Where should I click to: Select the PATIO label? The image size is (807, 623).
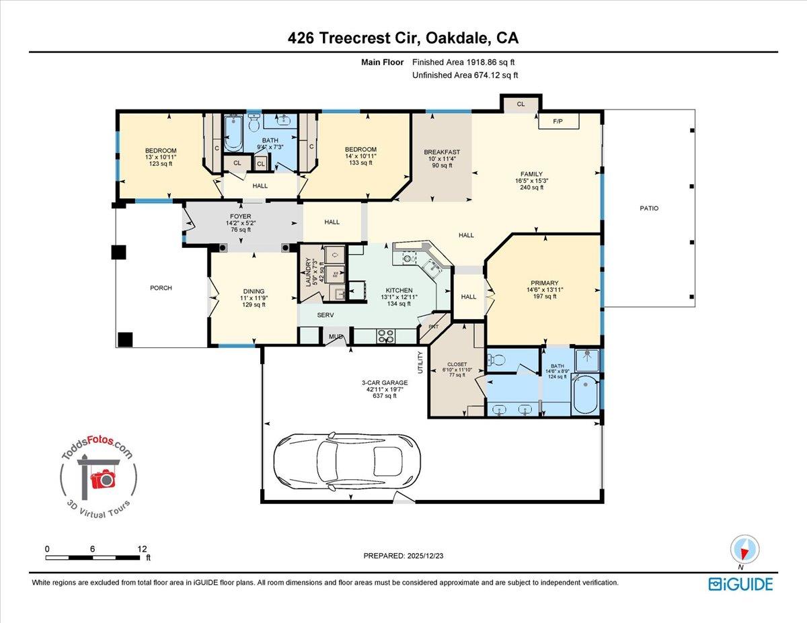point(649,208)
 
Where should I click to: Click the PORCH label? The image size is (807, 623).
point(161,288)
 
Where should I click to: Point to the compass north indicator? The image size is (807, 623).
point(744,549)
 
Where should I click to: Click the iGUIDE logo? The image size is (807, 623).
point(740,584)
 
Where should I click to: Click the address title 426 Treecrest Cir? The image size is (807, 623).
point(403,39)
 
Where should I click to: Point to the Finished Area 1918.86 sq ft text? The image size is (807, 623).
point(465,63)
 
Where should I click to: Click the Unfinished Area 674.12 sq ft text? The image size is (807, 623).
point(465,76)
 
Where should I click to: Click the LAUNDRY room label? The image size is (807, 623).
point(309,274)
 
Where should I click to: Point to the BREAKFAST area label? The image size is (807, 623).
point(442,153)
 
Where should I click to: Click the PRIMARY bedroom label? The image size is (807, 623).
point(544,283)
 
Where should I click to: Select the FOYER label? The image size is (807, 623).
point(239,217)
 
